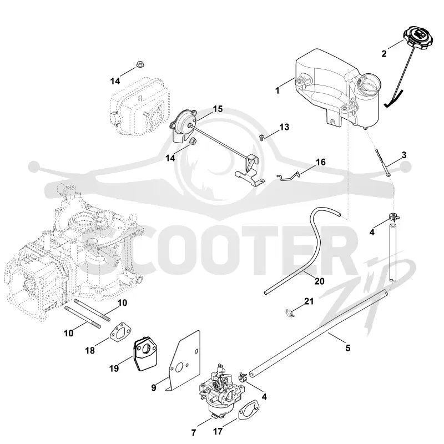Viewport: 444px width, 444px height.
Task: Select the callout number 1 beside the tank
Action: [277, 90]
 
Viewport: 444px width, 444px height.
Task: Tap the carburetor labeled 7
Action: [220, 389]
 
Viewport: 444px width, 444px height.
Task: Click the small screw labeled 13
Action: [261, 137]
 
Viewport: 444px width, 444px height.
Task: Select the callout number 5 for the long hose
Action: [348, 348]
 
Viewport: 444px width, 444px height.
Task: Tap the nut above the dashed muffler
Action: [139, 64]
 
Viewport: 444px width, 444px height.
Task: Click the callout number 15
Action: [218, 109]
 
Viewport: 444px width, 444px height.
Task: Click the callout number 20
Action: [320, 281]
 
